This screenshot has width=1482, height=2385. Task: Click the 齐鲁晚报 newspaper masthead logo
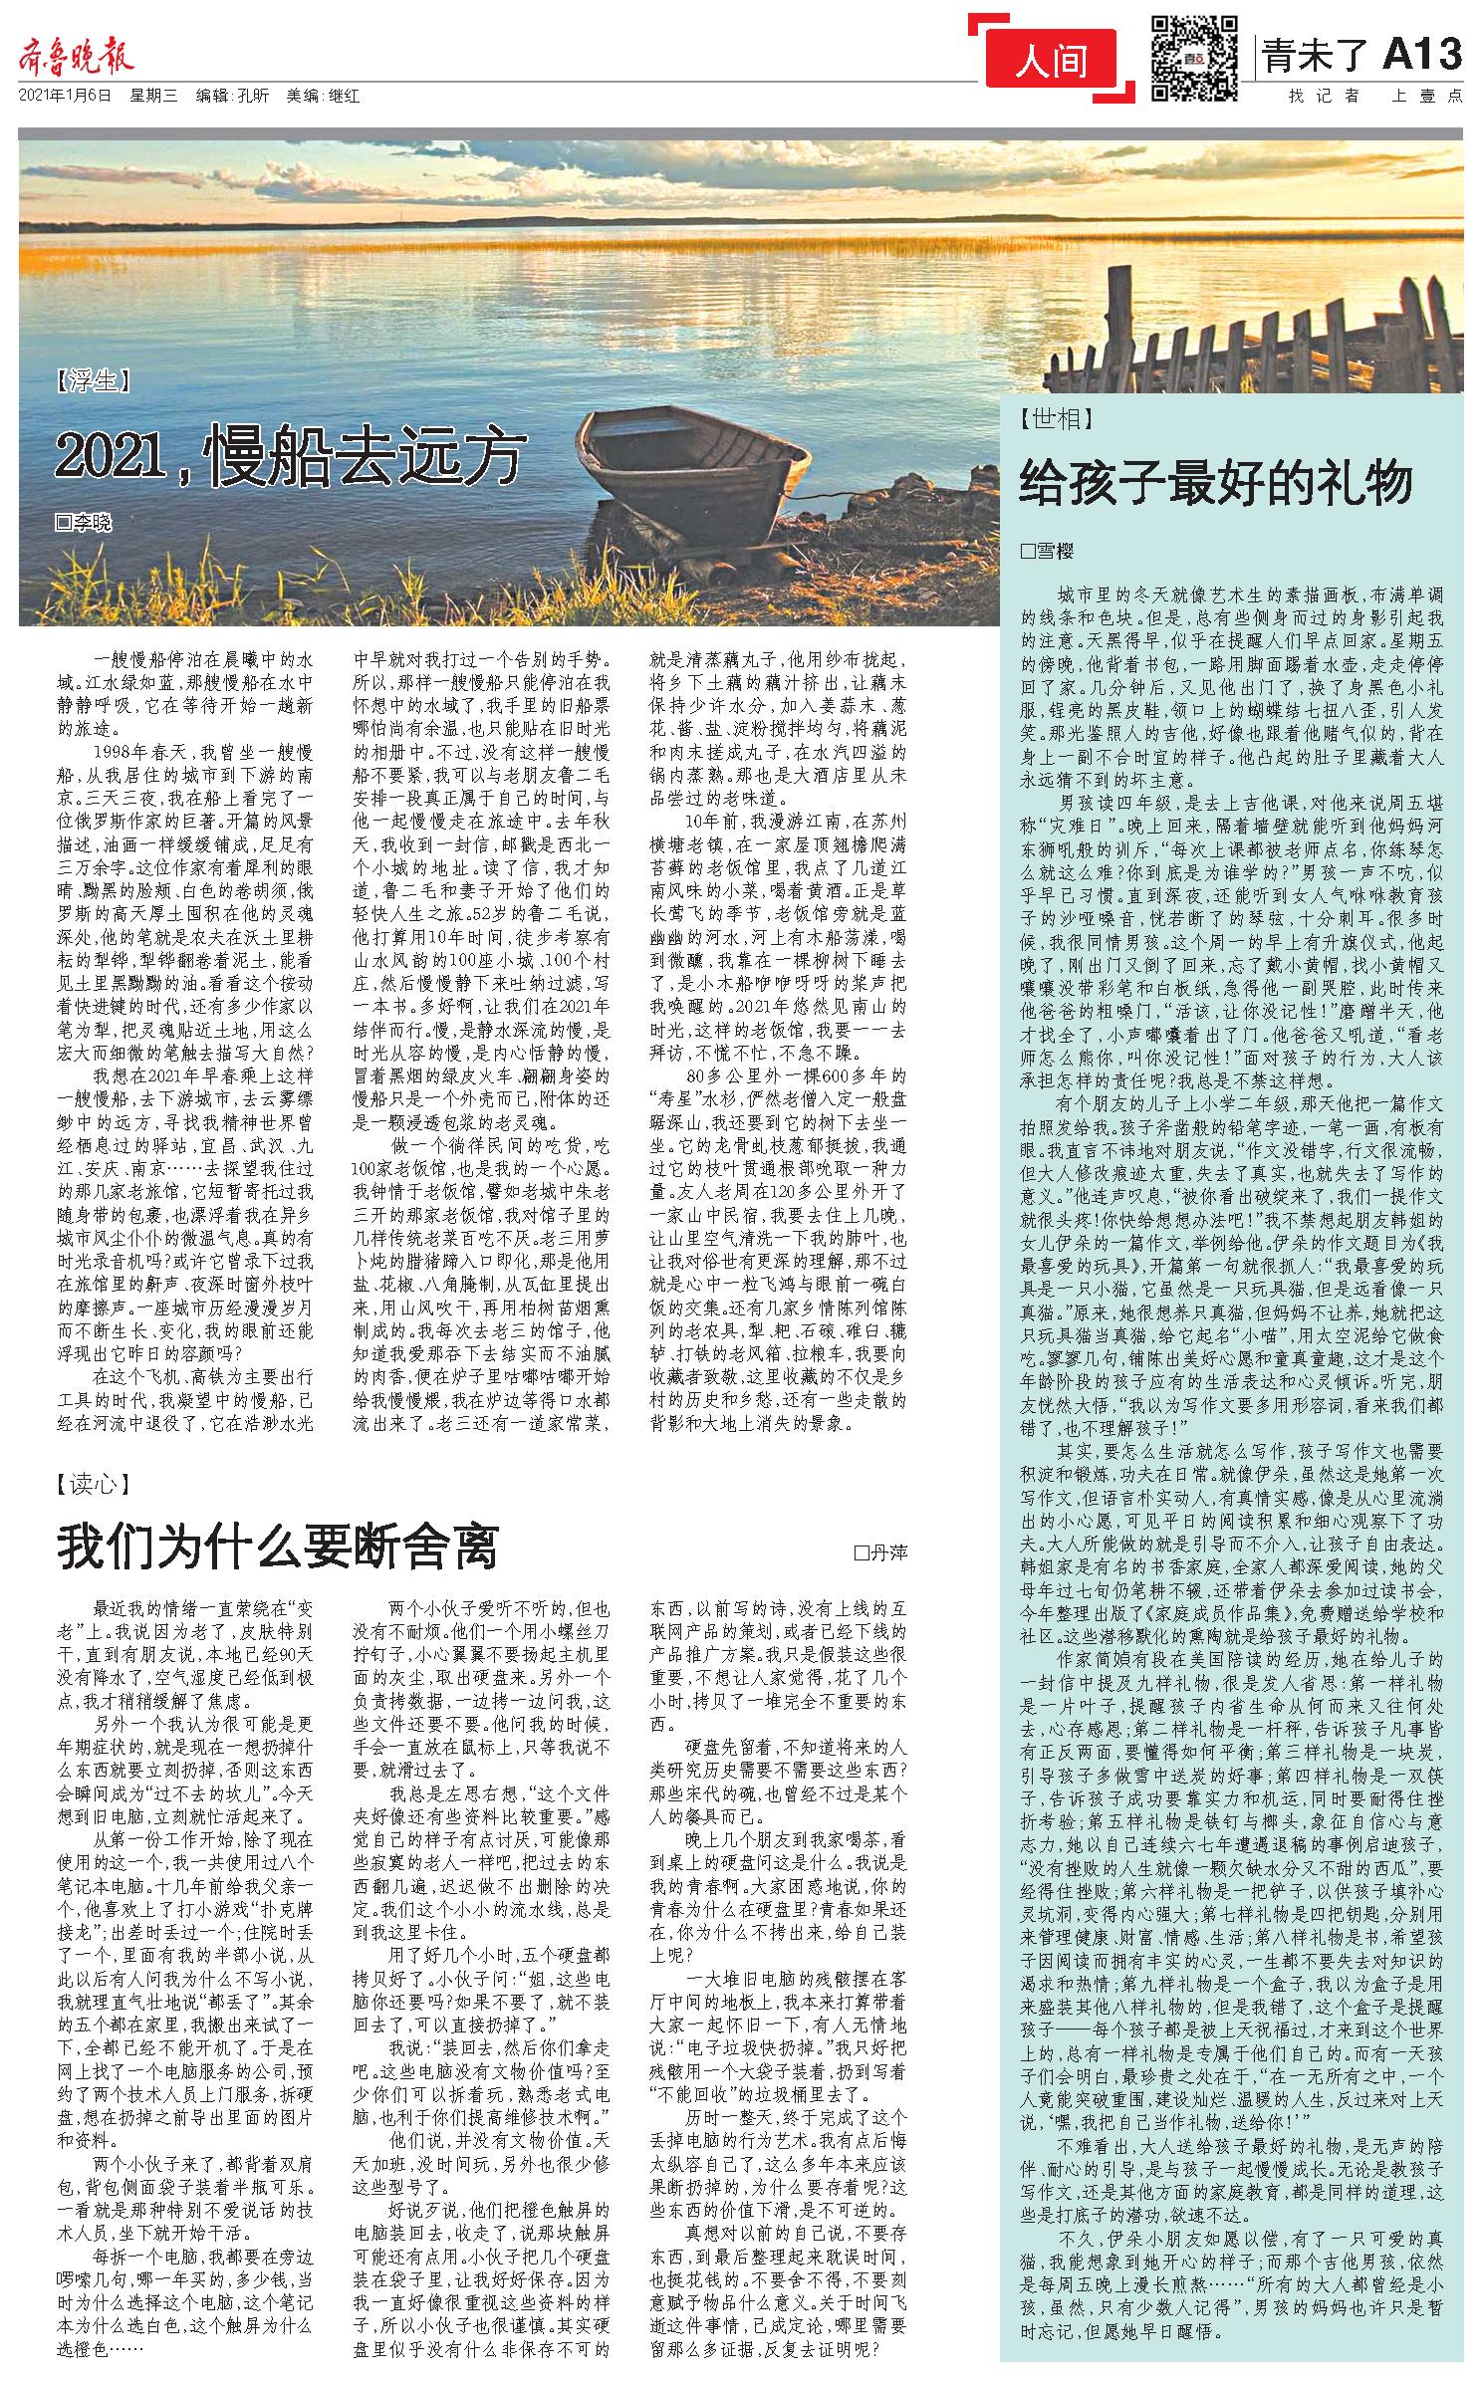pyautogui.click(x=76, y=58)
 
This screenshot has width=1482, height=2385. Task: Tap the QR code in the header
pyautogui.click(x=1195, y=58)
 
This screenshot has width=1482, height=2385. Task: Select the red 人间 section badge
pyautogui.click(x=1052, y=62)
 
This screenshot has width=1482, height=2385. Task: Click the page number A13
pyautogui.click(x=1421, y=55)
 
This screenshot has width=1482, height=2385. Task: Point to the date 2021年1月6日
pyautogui.click(x=66, y=97)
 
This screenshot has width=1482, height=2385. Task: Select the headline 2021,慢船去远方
pyautogui.click(x=289, y=457)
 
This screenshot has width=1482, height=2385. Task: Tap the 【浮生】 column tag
pyautogui.click(x=96, y=381)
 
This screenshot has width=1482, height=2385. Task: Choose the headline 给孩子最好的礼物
pyautogui.click(x=1216, y=483)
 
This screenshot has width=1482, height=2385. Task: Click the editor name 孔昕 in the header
pyautogui.click(x=250, y=97)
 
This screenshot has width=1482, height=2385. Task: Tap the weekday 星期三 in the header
pyautogui.click(x=153, y=97)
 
